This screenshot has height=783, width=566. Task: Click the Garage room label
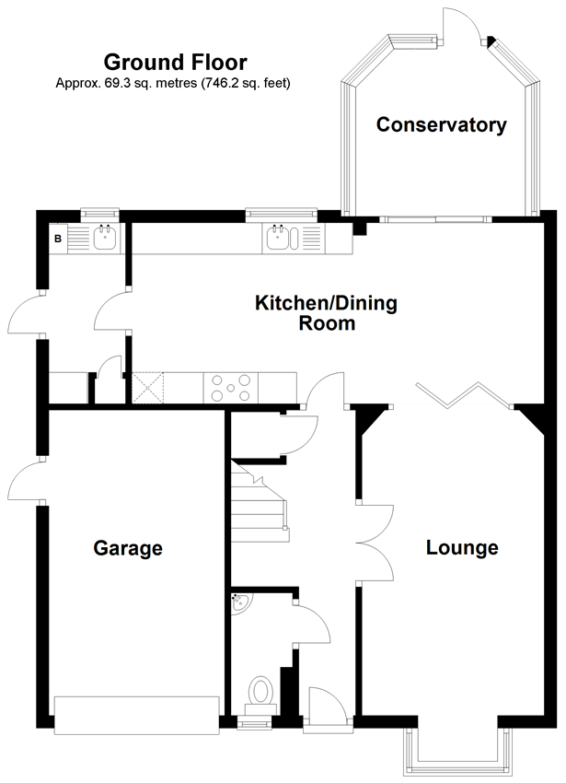[x=128, y=548]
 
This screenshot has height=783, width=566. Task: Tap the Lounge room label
[x=462, y=547]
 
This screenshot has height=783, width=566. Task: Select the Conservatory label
[x=441, y=125]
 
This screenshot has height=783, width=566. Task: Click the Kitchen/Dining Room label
[x=327, y=313]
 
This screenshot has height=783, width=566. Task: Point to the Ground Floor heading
[x=175, y=63]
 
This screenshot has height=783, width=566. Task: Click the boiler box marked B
[x=58, y=239]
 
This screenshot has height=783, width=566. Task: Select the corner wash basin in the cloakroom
[x=240, y=602]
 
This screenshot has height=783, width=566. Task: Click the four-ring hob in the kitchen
[x=231, y=388]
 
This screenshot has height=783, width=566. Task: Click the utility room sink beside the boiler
[x=105, y=238]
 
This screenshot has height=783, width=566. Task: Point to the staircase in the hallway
[x=260, y=502]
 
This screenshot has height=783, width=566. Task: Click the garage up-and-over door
[x=137, y=715]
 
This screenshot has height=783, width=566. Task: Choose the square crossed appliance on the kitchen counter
[x=148, y=388]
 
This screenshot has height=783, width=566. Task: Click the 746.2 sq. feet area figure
[x=246, y=83]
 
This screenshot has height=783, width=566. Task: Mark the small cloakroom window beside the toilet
[x=254, y=722]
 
